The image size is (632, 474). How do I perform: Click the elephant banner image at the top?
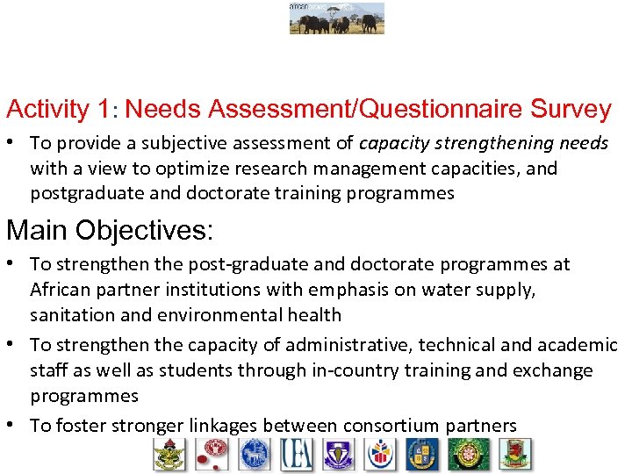tap(337, 18)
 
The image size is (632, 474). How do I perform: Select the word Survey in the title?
tap(571, 110)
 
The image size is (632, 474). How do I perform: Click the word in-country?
tap(356, 370)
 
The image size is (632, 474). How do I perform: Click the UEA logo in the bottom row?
tap(296, 455)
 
